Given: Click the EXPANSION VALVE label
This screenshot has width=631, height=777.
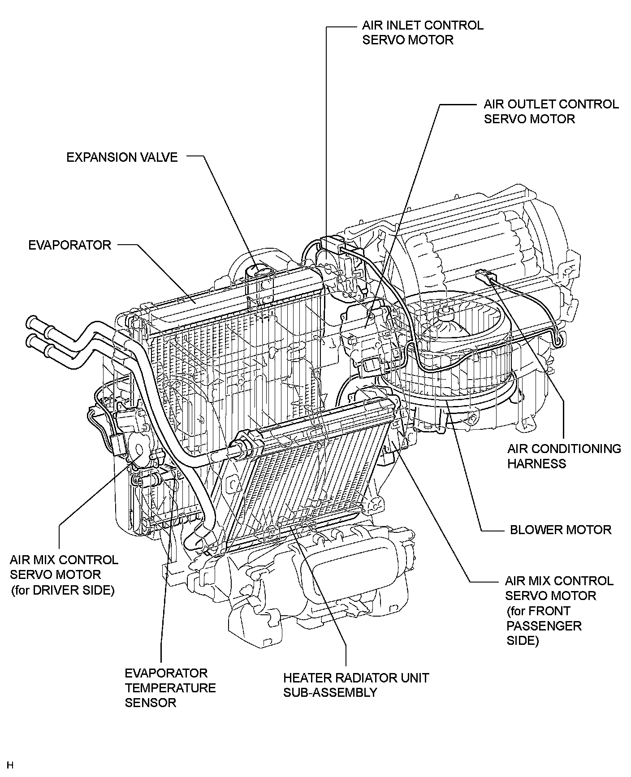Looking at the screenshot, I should [122, 157].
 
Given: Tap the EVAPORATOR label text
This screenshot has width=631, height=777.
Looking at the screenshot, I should [69, 245].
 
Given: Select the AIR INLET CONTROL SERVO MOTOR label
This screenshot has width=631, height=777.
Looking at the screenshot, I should [423, 32].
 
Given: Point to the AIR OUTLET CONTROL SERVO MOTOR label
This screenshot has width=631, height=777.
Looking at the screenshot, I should [551, 112].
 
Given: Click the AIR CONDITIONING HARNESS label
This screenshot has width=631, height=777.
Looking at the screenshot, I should [564, 456].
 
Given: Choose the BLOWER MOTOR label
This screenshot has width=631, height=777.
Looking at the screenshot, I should [560, 530].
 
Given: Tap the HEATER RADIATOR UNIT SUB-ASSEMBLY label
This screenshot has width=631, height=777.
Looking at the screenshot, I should [356, 685].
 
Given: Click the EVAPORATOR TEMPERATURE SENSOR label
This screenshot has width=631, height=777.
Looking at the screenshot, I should [170, 687].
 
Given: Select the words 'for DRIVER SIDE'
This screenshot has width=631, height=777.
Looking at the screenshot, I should [63, 590].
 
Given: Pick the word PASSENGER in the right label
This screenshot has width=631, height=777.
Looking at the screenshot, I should [544, 626].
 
